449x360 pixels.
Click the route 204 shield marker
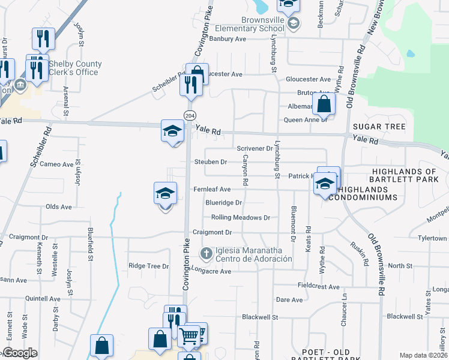pyautogui.click(x=190, y=115)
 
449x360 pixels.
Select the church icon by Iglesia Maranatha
pyautogui.click(x=206, y=254)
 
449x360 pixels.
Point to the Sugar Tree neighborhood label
pyautogui.click(x=379, y=127)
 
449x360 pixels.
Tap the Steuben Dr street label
pyautogui.click(x=211, y=162)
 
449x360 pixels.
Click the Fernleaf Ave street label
pyautogui.click(x=212, y=189)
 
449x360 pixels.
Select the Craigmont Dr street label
pyautogui.click(x=212, y=232)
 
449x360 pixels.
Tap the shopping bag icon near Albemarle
pyautogui.click(x=324, y=104)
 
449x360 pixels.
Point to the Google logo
pyautogui.click(x=19, y=353)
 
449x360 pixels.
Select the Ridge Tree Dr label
pyautogui.click(x=149, y=266)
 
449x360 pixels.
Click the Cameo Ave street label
pyautogui.click(x=59, y=164)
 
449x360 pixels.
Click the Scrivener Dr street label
pyautogui.click(x=255, y=148)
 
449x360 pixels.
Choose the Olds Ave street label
pyautogui.click(x=59, y=207)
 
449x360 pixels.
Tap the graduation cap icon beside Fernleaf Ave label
pyautogui.click(x=165, y=194)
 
